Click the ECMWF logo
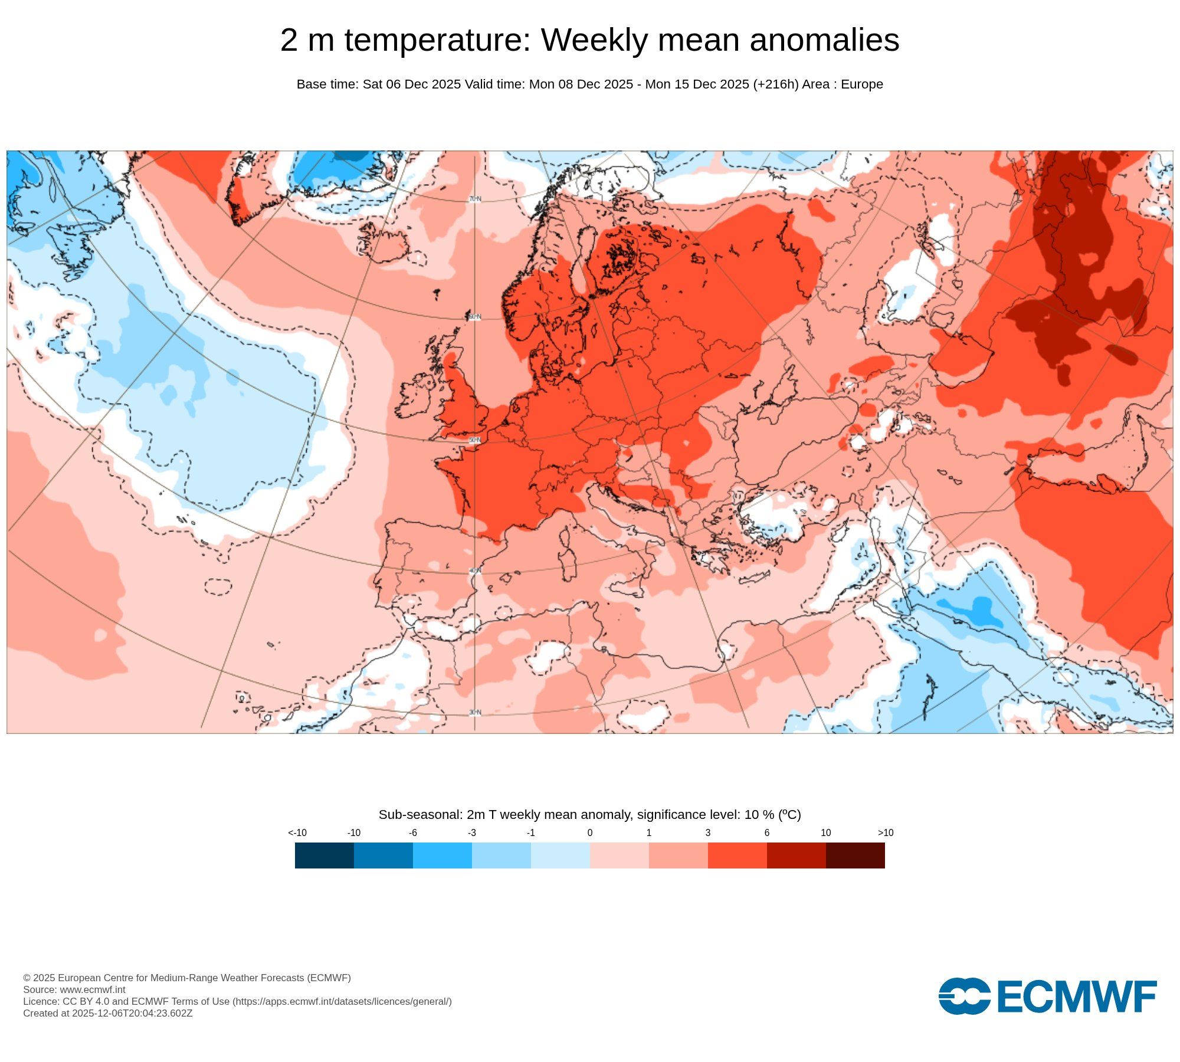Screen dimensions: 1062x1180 click(x=1047, y=997)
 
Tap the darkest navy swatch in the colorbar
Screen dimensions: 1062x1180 click(x=324, y=855)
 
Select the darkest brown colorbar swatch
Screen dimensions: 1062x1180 click(x=855, y=855)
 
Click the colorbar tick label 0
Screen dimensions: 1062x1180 click(x=590, y=832)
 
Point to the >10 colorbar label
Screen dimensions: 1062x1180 click(x=886, y=832)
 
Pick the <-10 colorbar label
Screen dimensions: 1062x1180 click(x=297, y=832)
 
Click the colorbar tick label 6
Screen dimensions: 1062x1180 click(x=767, y=832)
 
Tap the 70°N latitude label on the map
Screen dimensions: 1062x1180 click(x=475, y=199)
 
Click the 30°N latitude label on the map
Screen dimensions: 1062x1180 click(x=475, y=713)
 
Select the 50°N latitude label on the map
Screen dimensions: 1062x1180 click(x=475, y=440)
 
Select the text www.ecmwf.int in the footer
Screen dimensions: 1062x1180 click(x=93, y=989)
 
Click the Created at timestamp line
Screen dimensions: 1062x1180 click(x=107, y=1013)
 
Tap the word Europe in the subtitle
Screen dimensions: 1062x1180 click(x=862, y=84)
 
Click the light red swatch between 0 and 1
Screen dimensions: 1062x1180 click(x=619, y=855)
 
